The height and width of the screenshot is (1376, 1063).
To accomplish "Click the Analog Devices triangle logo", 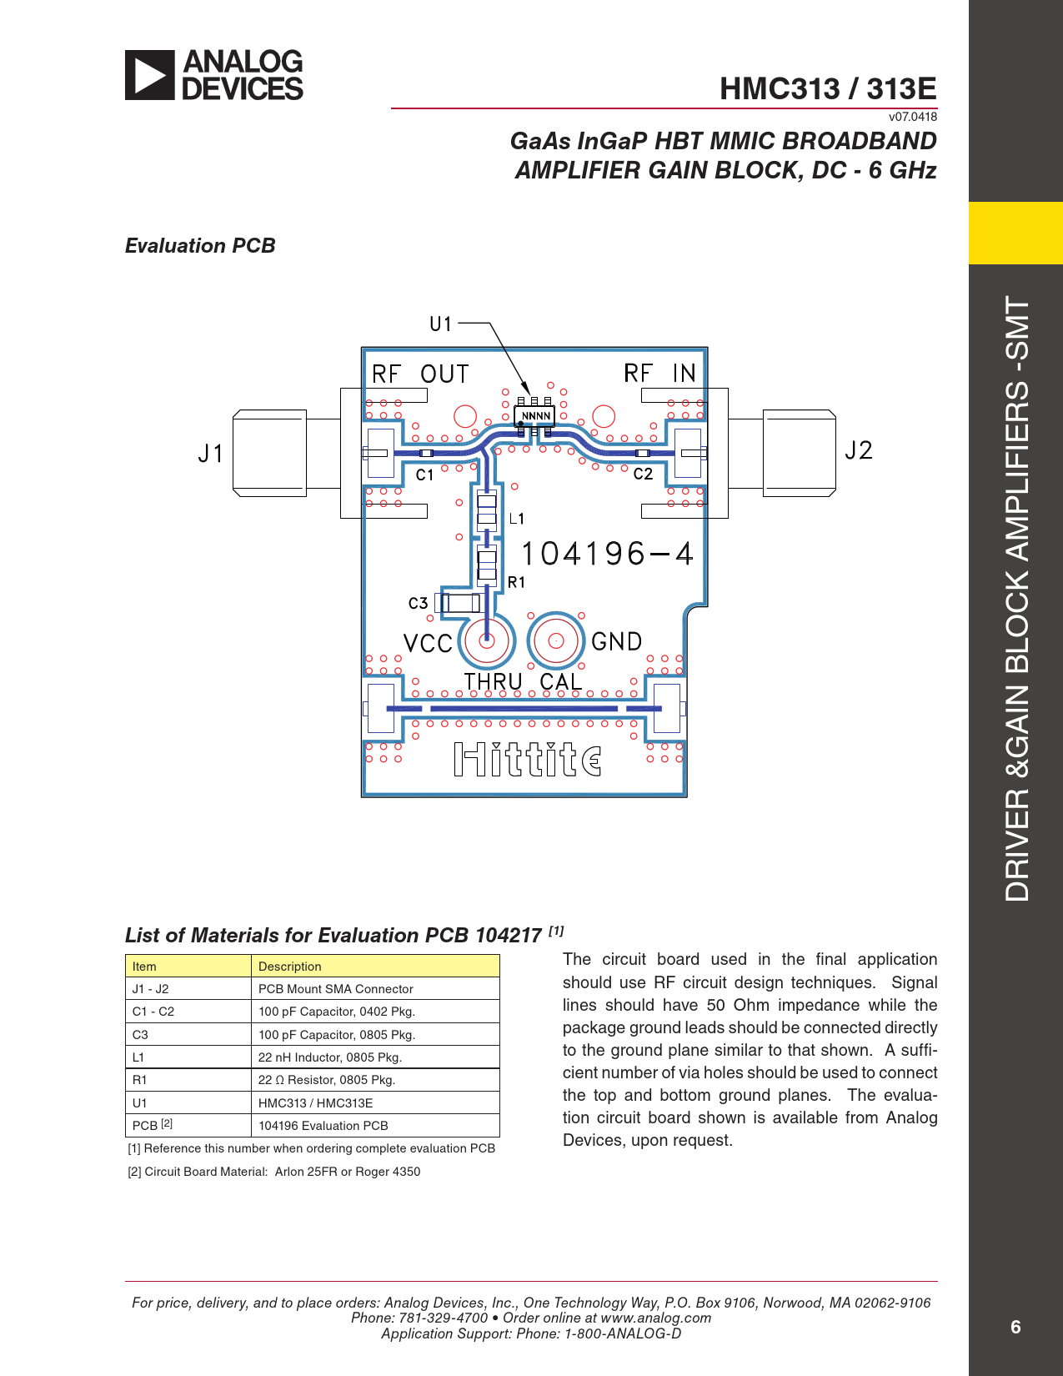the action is point(149,75).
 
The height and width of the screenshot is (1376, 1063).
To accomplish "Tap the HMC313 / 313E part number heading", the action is point(828,88).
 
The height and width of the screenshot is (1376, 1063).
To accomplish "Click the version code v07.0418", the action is point(912,117).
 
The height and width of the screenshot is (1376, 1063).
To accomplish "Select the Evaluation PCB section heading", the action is point(200,246).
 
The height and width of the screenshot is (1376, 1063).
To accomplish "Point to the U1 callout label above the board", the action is point(441,324).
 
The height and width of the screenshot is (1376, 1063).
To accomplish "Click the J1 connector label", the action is point(210,454).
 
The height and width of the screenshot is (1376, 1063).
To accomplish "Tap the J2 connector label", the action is point(859,450).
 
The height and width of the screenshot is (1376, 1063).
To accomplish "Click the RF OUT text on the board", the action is point(420,374).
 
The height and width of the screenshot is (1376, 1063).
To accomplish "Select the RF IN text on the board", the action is point(659,373).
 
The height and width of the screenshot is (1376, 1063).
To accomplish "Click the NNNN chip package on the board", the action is point(535,416).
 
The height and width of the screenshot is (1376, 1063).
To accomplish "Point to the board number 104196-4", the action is point(607,554).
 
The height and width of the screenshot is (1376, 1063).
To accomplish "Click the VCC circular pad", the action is point(486,640).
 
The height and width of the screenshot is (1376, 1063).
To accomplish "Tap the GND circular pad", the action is point(556,640).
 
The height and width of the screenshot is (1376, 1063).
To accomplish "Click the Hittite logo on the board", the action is point(528,759).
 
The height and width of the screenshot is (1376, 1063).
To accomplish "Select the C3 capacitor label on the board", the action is point(418,603).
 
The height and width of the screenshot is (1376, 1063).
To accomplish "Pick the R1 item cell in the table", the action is point(188,1080).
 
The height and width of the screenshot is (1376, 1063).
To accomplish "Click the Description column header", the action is point(375,967).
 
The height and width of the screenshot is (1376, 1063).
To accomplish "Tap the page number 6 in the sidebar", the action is point(1015,1327).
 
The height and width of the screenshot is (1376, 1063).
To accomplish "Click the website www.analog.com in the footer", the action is point(656,1318).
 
